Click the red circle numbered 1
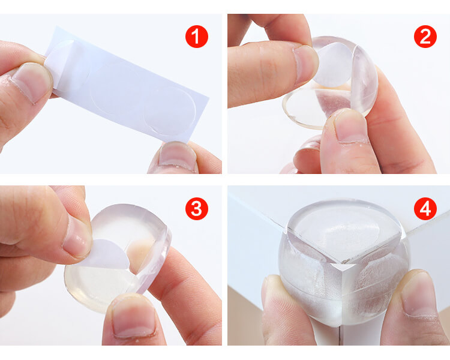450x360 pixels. coord(197,37)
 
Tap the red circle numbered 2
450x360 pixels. coord(425,37)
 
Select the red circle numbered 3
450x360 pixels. coord(197,208)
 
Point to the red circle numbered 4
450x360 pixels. coord(425,208)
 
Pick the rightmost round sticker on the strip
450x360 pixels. coord(170,111)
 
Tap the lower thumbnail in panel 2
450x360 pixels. coord(351,127)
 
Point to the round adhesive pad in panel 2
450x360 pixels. coord(333,65)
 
